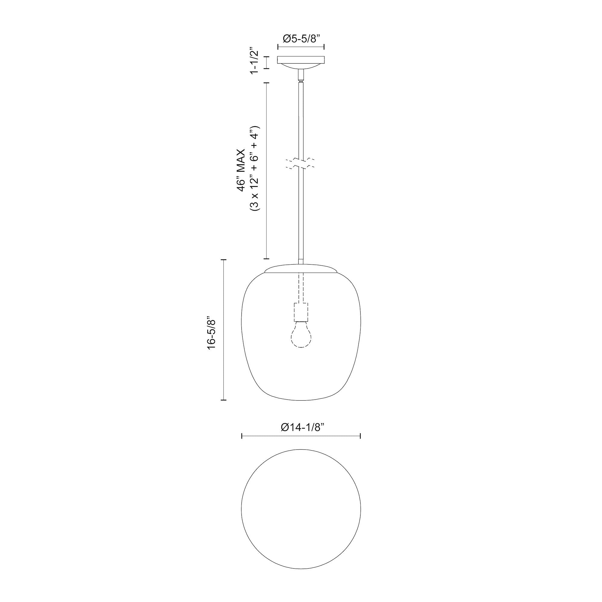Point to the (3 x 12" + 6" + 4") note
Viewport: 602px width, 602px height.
255,169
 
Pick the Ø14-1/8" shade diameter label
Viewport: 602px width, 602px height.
301,427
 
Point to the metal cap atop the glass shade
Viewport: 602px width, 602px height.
301,268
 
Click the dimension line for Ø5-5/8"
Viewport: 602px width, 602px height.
301,47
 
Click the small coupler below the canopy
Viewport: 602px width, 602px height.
301,75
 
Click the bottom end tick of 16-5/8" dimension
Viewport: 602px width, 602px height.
223,400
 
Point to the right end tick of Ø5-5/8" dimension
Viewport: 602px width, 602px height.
324,47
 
